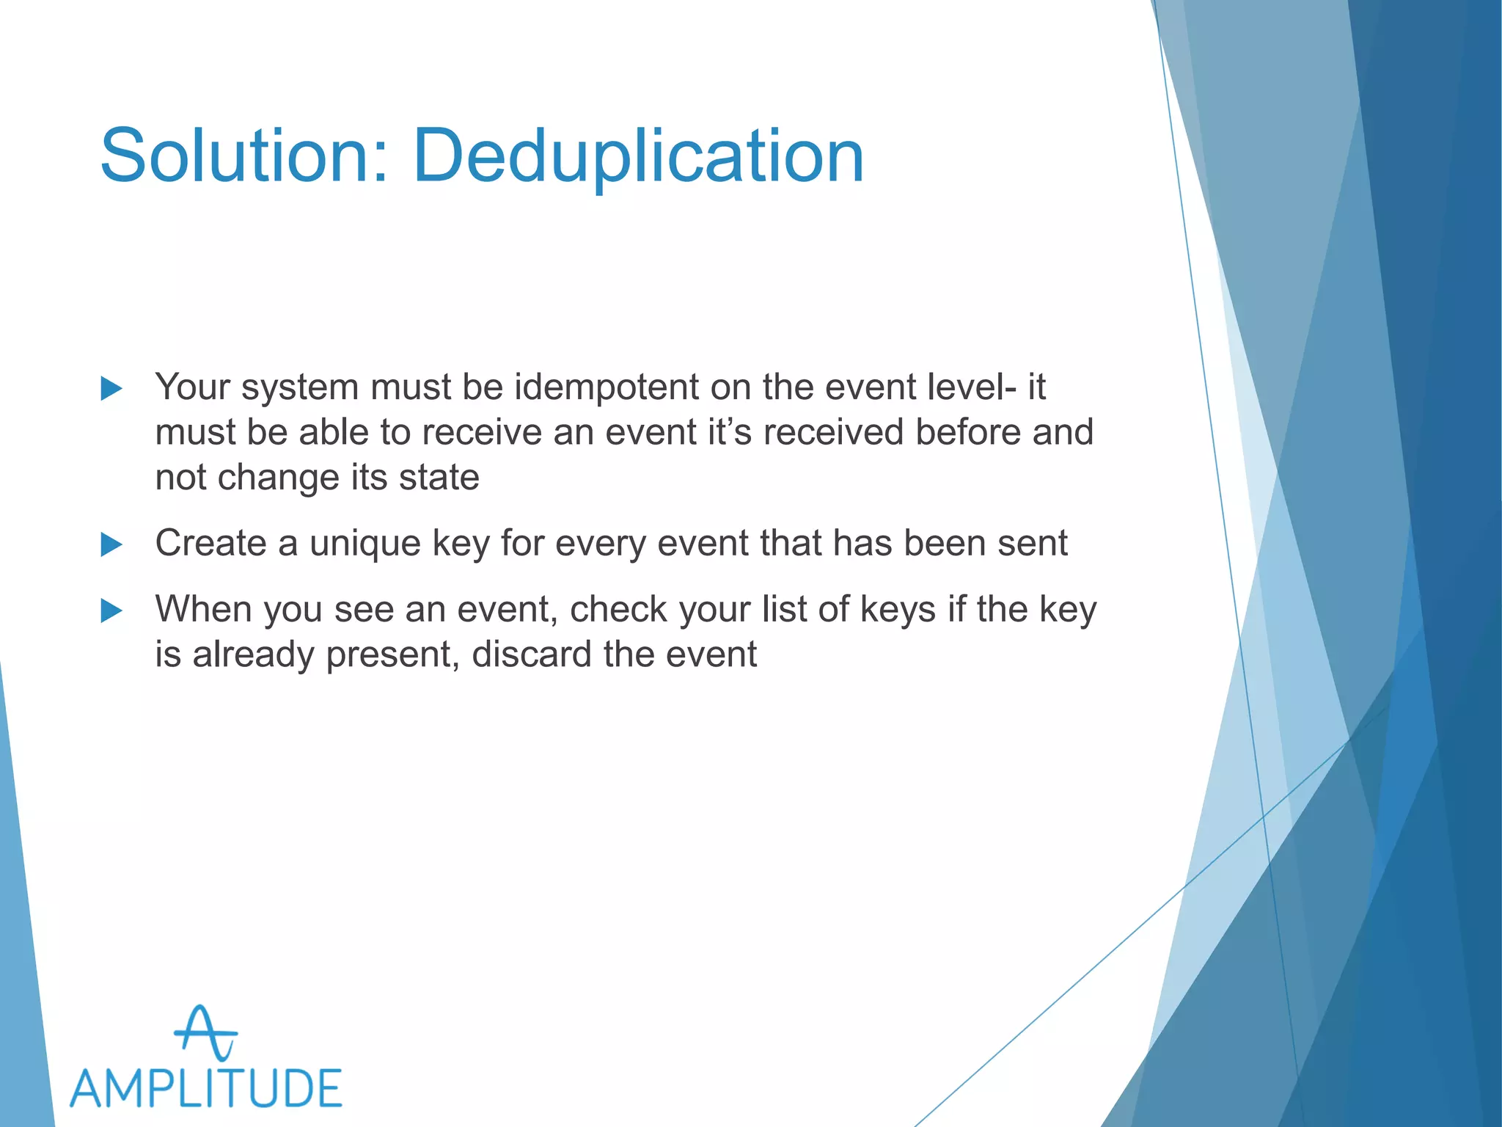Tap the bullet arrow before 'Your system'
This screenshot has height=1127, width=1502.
pos(111,388)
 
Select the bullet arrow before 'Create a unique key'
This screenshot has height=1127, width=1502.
pos(111,544)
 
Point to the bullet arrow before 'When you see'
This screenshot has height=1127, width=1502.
pos(111,610)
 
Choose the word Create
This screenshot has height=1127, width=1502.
pos(210,544)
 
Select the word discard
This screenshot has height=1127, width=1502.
pos(531,654)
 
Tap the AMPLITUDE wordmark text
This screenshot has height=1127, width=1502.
pos(206,1088)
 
